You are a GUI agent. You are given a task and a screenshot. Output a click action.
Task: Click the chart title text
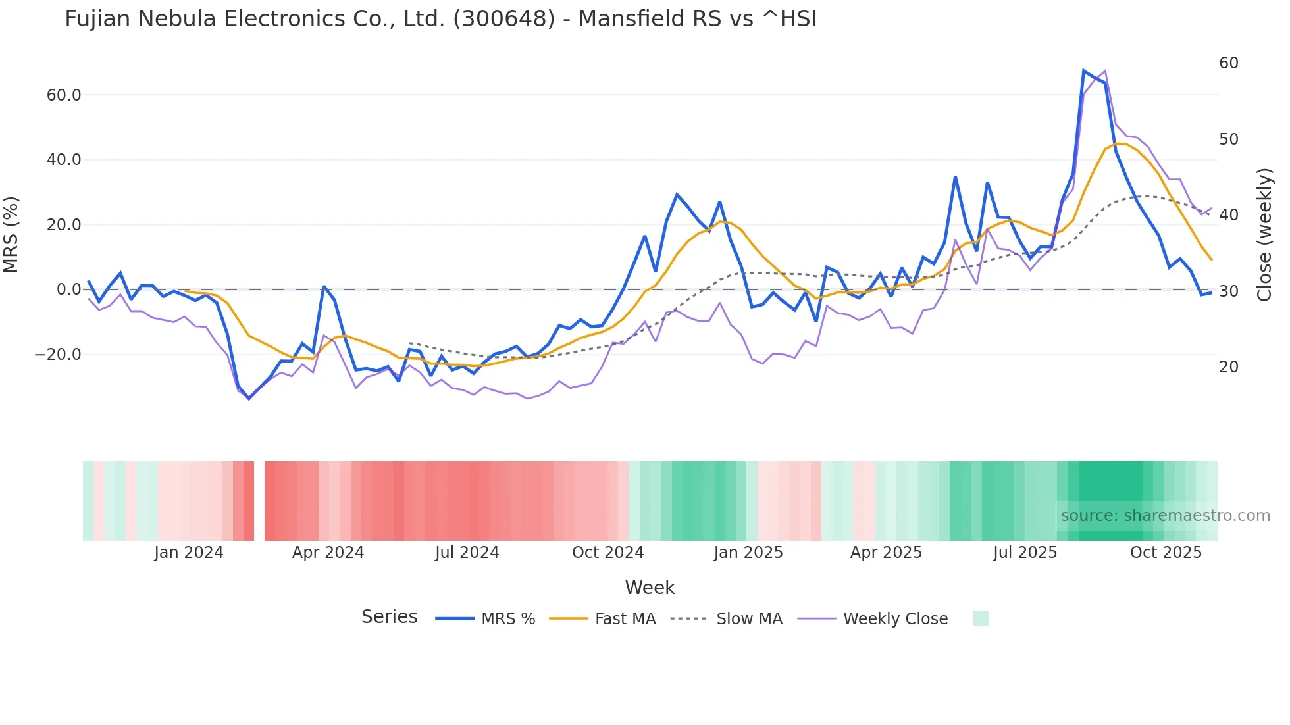click(440, 19)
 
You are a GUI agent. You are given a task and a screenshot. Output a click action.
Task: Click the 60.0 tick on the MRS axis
click(64, 95)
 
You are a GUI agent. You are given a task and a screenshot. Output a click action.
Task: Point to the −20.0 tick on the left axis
click(58, 355)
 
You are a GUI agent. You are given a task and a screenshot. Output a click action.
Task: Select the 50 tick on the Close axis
click(1229, 139)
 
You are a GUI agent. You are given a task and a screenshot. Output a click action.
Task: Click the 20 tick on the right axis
click(1229, 367)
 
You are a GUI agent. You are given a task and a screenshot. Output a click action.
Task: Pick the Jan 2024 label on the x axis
click(189, 553)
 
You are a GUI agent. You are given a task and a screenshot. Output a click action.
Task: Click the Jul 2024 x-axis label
click(467, 553)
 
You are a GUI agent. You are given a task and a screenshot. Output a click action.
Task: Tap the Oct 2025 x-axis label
click(1166, 553)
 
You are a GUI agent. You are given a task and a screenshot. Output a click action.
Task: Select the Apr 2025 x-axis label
click(886, 553)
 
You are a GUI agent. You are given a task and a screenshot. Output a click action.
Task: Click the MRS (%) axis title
click(11, 234)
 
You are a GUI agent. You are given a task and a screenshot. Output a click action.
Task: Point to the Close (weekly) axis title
click(1264, 234)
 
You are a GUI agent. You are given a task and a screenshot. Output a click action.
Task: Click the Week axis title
click(650, 587)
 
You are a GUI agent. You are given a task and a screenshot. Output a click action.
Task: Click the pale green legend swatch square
click(981, 618)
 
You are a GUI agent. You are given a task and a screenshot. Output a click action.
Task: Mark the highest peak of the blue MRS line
click(1083, 70)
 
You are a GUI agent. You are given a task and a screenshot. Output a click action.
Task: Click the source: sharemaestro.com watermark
click(1165, 516)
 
